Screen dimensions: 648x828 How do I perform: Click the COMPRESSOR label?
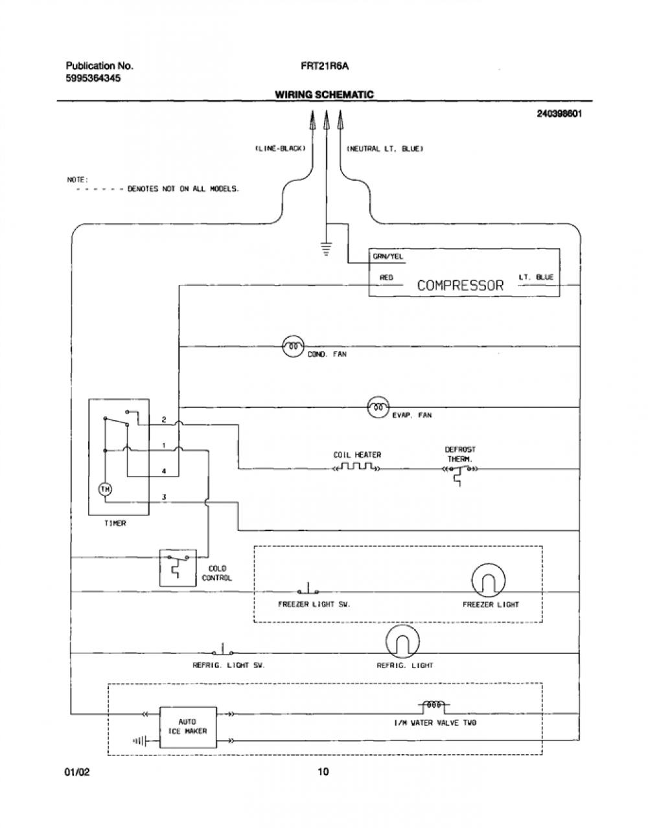460,285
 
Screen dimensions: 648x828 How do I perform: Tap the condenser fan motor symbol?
294,346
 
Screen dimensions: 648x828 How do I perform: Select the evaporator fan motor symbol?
378,407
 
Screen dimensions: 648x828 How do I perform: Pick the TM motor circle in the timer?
105,489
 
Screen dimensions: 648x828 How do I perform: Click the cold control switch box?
178,567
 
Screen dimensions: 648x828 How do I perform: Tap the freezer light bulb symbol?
489,580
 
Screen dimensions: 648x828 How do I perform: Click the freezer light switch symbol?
308,588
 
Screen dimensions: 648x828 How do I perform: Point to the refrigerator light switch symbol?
223,650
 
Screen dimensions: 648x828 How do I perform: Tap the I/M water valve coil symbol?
434,705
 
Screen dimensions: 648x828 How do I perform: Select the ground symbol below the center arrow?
326,248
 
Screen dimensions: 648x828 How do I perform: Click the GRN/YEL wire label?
388,256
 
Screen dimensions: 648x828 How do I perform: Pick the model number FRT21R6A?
324,66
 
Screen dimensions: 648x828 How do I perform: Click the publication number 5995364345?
93,78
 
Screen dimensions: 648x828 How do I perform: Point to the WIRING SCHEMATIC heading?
325,95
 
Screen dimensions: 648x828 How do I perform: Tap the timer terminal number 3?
164,497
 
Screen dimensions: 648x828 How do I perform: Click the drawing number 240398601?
559,113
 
